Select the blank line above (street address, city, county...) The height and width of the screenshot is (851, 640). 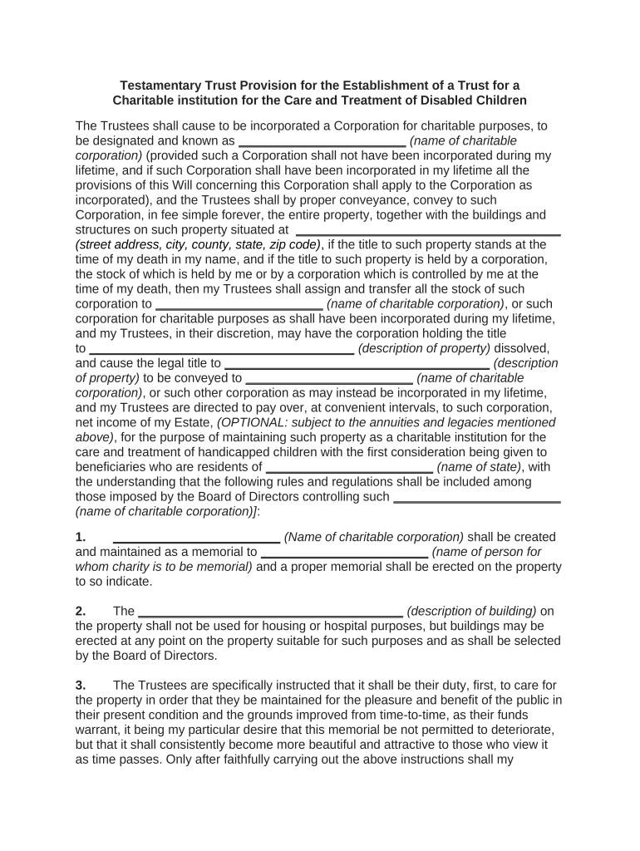point(428,234)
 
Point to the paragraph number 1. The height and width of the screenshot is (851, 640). point(80,537)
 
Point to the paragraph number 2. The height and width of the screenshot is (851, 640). point(80,612)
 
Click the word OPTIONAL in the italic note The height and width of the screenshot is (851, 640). point(254,422)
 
